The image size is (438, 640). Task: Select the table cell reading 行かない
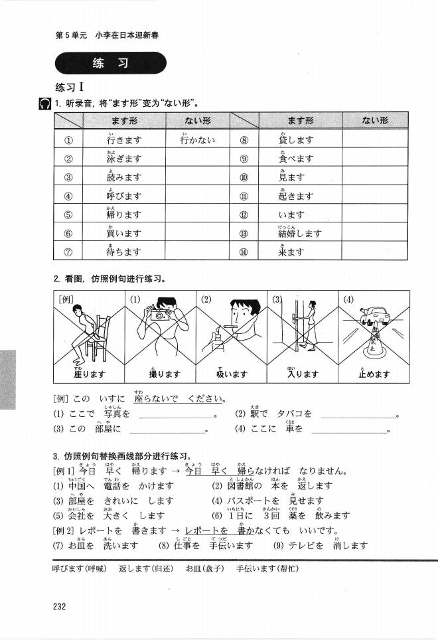click(x=197, y=139)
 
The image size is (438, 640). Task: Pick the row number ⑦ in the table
click(x=68, y=252)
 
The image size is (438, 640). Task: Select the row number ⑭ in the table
click(x=244, y=252)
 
